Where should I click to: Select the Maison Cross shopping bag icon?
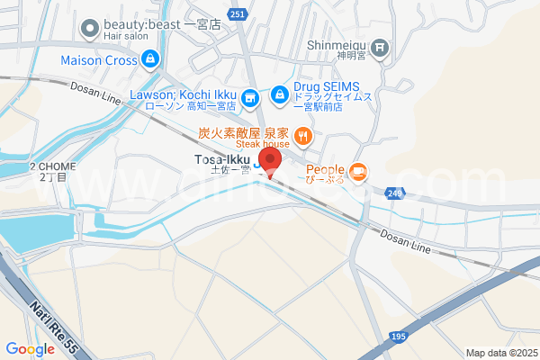tap(149, 61)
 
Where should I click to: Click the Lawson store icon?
tap(252, 95)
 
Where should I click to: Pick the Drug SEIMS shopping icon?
tap(281, 94)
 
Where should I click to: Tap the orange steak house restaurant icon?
tap(303, 138)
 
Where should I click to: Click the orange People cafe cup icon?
tap(358, 170)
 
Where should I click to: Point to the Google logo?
tap(31, 349)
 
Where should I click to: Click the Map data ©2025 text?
tap(499, 352)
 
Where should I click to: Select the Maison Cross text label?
tap(98, 61)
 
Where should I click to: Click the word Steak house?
tap(263, 144)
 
